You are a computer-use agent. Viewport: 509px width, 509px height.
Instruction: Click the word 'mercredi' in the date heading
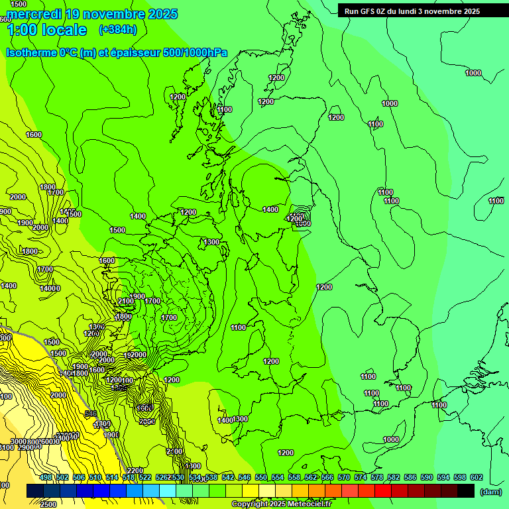click(x=35, y=14)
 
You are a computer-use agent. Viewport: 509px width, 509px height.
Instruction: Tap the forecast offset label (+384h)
click(x=118, y=30)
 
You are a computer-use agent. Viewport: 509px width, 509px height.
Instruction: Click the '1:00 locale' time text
click(x=46, y=30)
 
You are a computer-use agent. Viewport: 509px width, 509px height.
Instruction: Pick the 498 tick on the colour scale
click(x=46, y=477)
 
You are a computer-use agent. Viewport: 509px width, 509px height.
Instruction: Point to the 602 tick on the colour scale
click(x=476, y=477)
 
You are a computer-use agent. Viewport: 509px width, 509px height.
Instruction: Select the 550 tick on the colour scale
click(x=261, y=477)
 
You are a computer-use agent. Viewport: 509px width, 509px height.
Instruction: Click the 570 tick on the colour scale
click(x=344, y=477)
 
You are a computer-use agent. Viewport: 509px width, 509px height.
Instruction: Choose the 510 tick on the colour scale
click(x=95, y=477)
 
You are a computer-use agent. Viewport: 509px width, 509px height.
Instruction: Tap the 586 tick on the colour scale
click(x=410, y=477)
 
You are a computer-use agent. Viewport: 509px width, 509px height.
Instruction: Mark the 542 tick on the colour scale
click(x=228, y=477)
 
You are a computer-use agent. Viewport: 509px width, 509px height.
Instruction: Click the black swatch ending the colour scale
click(x=466, y=490)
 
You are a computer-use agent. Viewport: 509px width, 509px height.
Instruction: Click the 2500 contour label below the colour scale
click(x=47, y=504)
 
